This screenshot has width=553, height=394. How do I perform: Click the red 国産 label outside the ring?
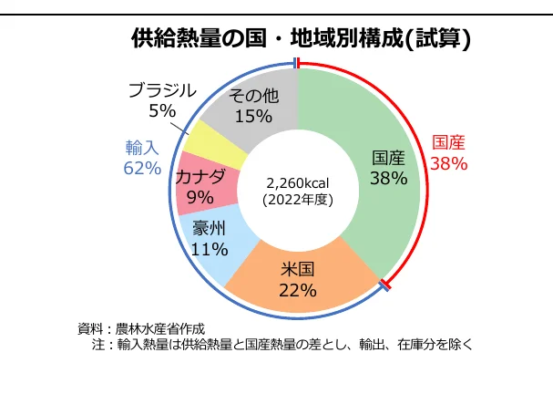coord(448,142)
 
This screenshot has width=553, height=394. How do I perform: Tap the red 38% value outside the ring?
coord(448,164)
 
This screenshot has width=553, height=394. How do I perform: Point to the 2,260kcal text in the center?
coord(298,181)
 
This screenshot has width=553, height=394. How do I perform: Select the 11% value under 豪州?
coord(209,248)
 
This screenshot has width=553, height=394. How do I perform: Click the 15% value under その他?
coord(253,116)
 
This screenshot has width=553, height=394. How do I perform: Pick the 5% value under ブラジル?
coord(161,110)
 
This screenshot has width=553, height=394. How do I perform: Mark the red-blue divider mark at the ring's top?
coord(297,63)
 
